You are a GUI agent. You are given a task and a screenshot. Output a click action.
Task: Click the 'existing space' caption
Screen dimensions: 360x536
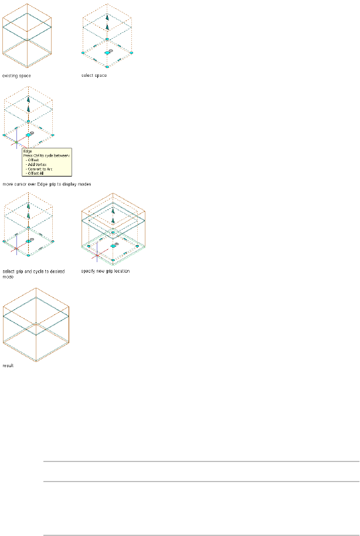pos(16,75)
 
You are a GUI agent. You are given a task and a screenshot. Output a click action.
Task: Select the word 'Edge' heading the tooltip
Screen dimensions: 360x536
pos(27,151)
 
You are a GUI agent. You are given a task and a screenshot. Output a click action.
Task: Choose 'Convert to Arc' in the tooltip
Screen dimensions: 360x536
pos(38,169)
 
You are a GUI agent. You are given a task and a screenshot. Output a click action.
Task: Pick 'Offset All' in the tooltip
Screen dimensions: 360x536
pos(35,174)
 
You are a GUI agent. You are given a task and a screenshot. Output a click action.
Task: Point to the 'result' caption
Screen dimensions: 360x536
pos(8,365)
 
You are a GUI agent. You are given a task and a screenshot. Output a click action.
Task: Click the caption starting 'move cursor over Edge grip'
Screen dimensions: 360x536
pos(46,184)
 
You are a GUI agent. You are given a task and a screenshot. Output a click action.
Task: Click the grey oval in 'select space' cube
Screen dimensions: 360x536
pos(111,50)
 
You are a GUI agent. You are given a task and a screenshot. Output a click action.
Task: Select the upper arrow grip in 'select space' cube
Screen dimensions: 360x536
pos(107,19)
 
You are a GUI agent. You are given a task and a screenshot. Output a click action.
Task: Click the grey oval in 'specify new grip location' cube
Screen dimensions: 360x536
pos(116,242)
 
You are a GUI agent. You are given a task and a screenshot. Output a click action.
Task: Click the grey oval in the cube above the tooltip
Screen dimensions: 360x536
pos(32,133)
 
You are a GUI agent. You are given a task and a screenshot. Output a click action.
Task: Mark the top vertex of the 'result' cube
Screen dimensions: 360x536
pos(36,289)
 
